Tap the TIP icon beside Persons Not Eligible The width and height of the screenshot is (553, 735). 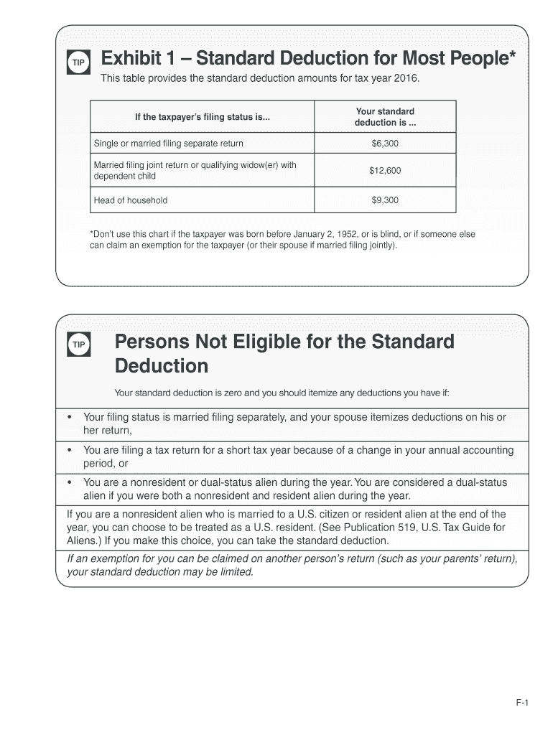78,345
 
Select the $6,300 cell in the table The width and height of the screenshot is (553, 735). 385,144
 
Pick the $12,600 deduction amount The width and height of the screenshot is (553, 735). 385,171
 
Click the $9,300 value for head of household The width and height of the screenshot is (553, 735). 385,200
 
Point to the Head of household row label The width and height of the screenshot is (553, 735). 131,200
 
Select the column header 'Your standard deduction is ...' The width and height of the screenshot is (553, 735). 385,116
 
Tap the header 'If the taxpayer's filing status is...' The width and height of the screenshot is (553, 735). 203,117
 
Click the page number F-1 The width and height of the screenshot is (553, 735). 521,704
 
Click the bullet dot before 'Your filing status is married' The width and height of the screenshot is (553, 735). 69,417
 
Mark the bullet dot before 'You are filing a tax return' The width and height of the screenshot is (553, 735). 69,451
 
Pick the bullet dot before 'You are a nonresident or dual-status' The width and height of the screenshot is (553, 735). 69,483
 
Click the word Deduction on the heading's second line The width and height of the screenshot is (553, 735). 162,366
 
